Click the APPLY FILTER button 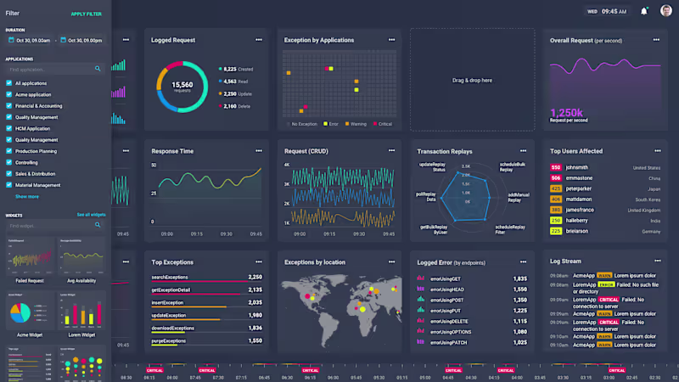(86, 14)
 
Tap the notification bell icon (643, 11)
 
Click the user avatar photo (665, 11)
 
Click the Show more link (27, 196)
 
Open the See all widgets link (91, 215)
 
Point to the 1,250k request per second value (566, 112)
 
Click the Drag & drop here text (473, 81)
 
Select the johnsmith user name (577, 167)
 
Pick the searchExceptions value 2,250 (255, 277)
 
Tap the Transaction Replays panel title (445, 151)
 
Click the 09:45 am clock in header (614, 11)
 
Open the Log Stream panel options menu (657, 261)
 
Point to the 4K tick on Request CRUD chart (287, 165)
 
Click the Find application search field (55, 69)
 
